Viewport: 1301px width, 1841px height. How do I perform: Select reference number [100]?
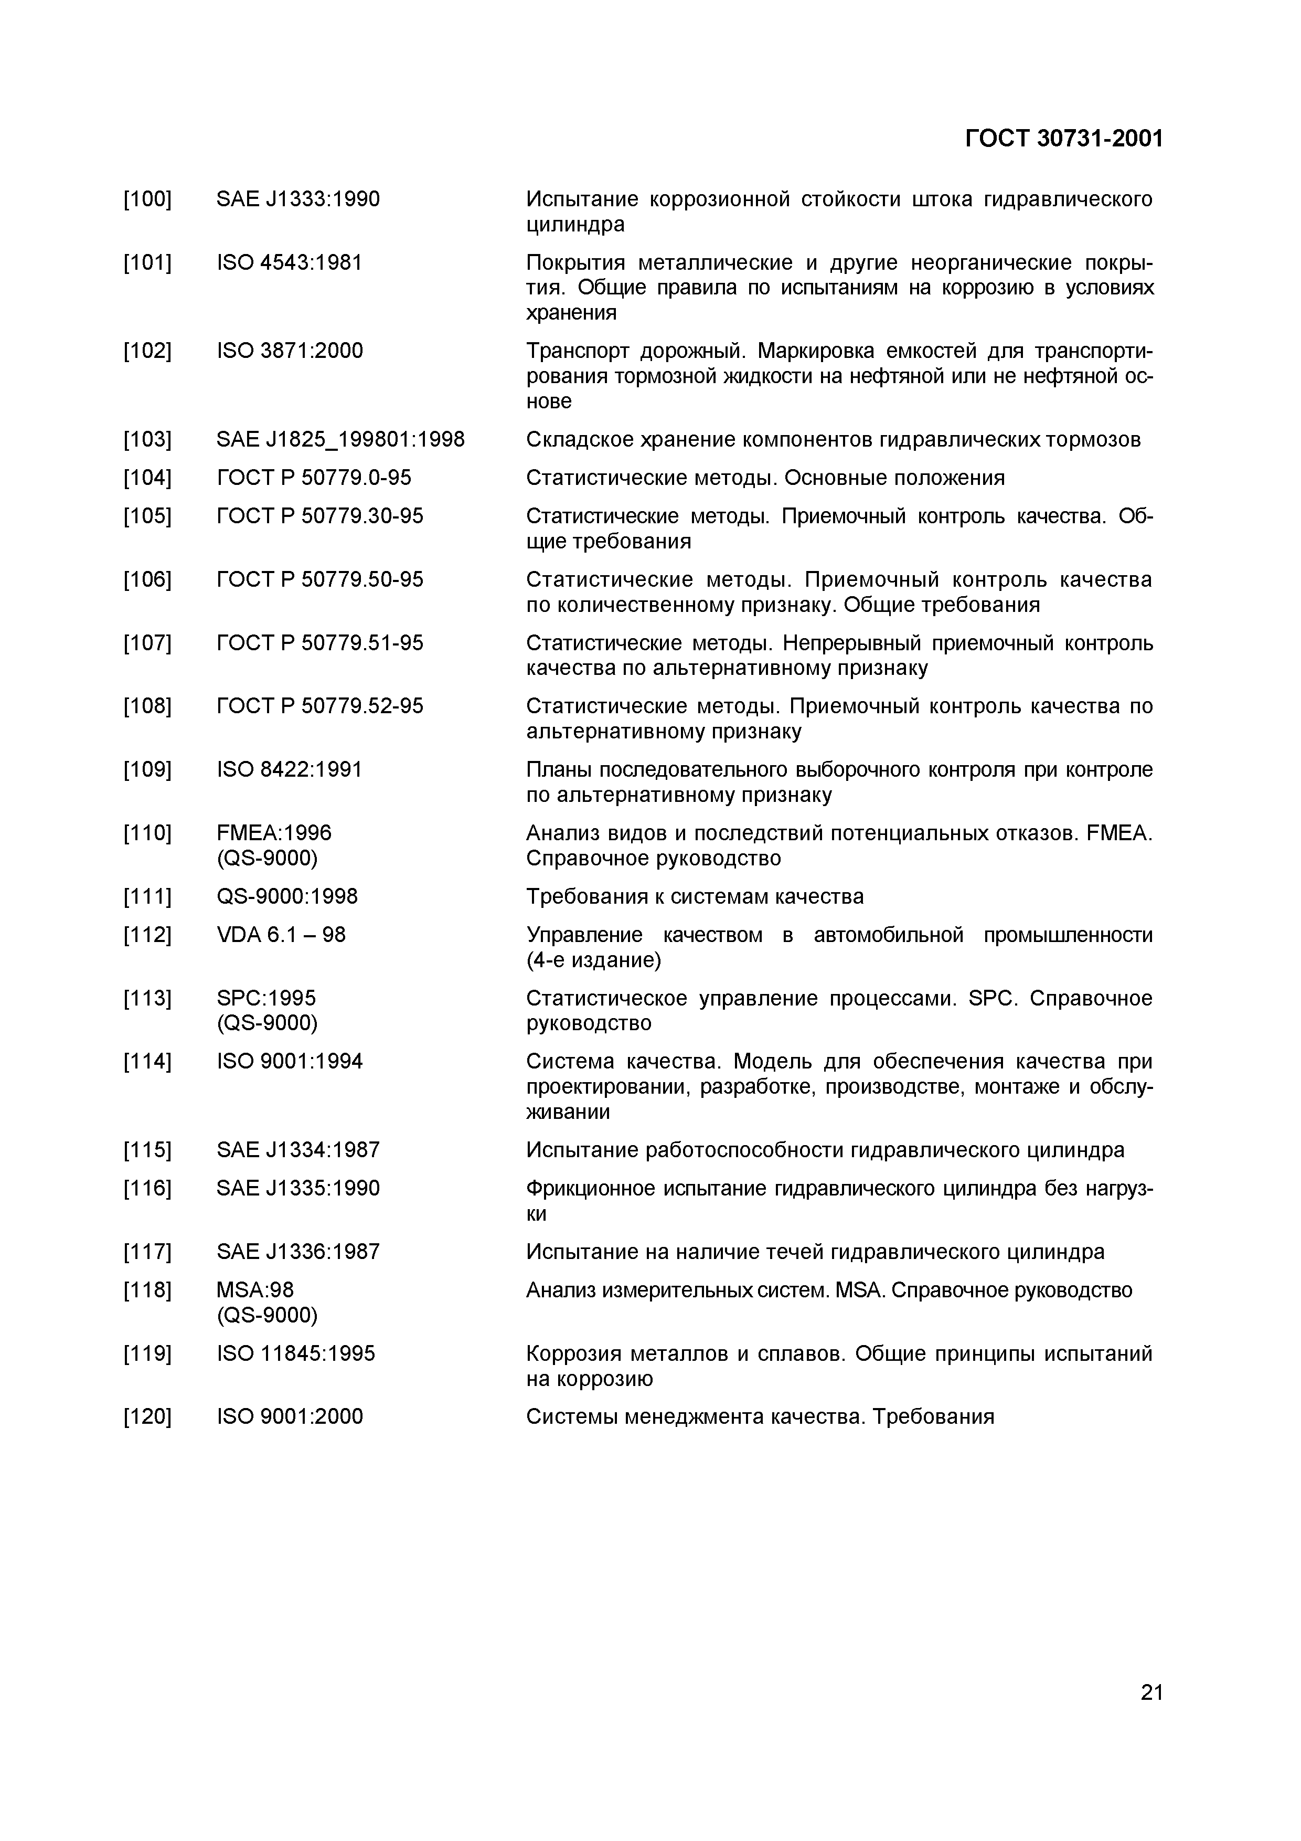[x=147, y=199]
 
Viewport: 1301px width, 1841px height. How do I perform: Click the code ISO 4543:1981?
[x=290, y=262]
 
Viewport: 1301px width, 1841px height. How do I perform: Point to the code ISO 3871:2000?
[x=290, y=351]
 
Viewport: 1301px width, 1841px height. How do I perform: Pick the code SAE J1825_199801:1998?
[x=340, y=439]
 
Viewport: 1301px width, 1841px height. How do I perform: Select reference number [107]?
[x=147, y=643]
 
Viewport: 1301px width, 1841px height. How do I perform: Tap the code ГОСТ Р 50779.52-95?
[x=320, y=706]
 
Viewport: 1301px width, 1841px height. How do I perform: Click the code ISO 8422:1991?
[x=290, y=770]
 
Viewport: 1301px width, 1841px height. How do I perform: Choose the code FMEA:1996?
[x=273, y=833]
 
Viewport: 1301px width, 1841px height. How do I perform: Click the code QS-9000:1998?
[x=287, y=896]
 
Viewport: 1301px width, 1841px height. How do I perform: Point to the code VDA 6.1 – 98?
[x=281, y=935]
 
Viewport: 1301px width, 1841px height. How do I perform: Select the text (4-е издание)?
[x=593, y=960]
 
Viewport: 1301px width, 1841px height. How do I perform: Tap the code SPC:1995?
[x=266, y=998]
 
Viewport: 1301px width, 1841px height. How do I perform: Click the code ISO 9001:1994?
[x=290, y=1062]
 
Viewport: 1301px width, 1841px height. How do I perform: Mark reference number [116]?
[x=147, y=1188]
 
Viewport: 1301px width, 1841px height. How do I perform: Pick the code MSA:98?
[x=255, y=1290]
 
